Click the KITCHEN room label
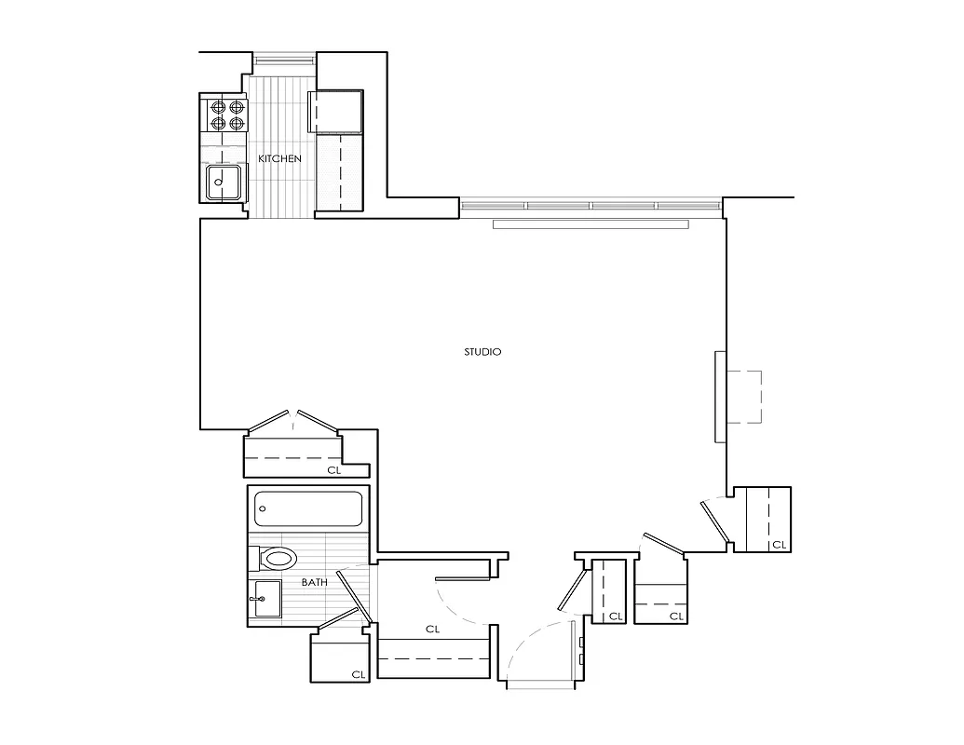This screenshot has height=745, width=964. pos(279,159)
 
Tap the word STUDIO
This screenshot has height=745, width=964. pos(482,352)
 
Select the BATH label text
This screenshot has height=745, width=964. pos(314,583)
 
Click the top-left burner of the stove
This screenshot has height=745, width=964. pos(218,106)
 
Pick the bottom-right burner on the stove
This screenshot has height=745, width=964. pos(237,123)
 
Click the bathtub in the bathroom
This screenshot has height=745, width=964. pos(307,508)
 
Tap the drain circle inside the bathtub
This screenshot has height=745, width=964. pos(264,509)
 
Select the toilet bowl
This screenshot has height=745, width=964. pos(278,559)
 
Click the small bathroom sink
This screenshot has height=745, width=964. pos(265,596)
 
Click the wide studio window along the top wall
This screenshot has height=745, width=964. pos(591,205)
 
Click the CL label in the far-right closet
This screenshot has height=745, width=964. pos(779,545)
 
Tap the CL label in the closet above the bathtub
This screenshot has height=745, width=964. pos(333,470)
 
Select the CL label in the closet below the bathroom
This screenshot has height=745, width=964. pos(358,674)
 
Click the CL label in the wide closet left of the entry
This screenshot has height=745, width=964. pos(432,630)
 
